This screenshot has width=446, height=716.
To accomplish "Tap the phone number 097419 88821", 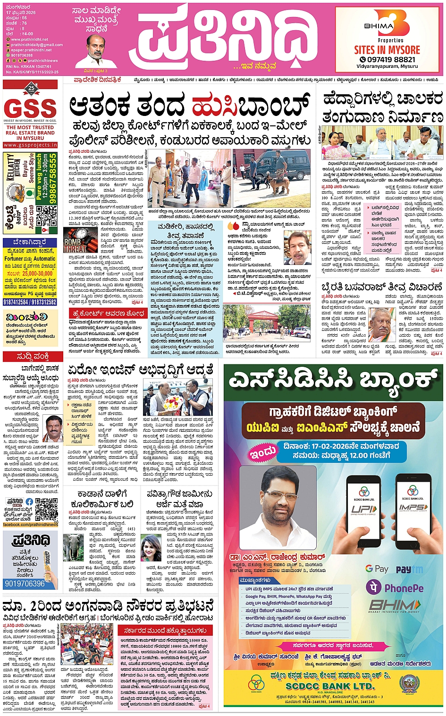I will click(387, 59).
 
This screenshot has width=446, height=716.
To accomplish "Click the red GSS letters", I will click(30, 108).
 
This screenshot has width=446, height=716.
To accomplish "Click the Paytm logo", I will click(409, 569).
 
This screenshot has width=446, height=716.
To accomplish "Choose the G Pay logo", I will click(376, 569).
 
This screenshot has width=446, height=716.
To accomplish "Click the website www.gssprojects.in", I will click(30, 145).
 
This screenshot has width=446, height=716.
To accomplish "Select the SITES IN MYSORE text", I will click(387, 50).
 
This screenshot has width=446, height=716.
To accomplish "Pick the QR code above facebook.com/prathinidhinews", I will click(46, 509).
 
